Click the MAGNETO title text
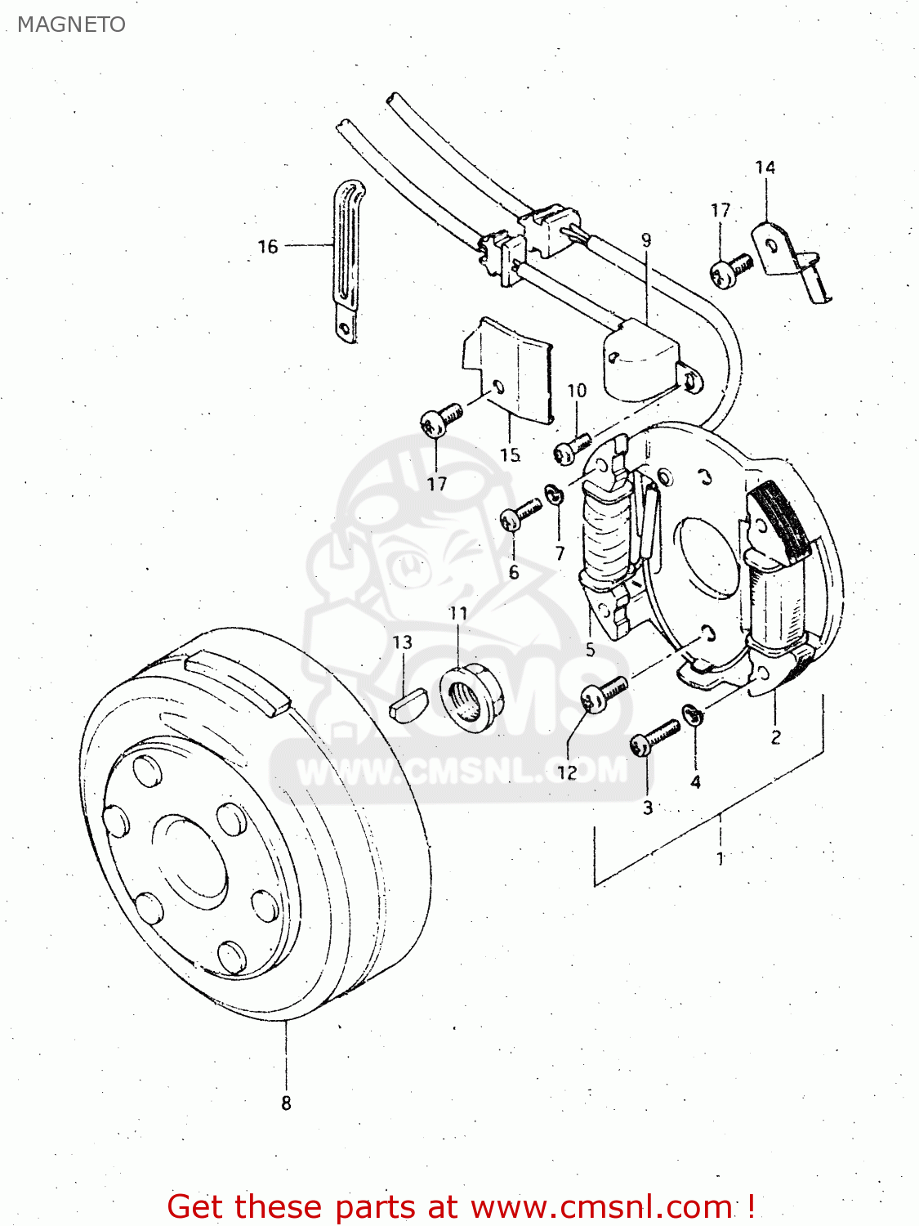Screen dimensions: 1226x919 click(71, 25)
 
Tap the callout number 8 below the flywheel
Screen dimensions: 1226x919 click(286, 1103)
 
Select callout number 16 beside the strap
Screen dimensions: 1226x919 click(268, 246)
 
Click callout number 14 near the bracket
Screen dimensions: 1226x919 click(765, 168)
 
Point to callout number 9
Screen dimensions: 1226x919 click(646, 240)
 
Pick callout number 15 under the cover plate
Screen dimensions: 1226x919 click(510, 454)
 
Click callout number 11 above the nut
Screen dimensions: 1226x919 click(458, 613)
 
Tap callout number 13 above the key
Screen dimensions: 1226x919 click(402, 642)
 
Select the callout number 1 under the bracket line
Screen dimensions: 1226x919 click(720, 858)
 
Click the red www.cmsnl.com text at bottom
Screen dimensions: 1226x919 click(601, 1206)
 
